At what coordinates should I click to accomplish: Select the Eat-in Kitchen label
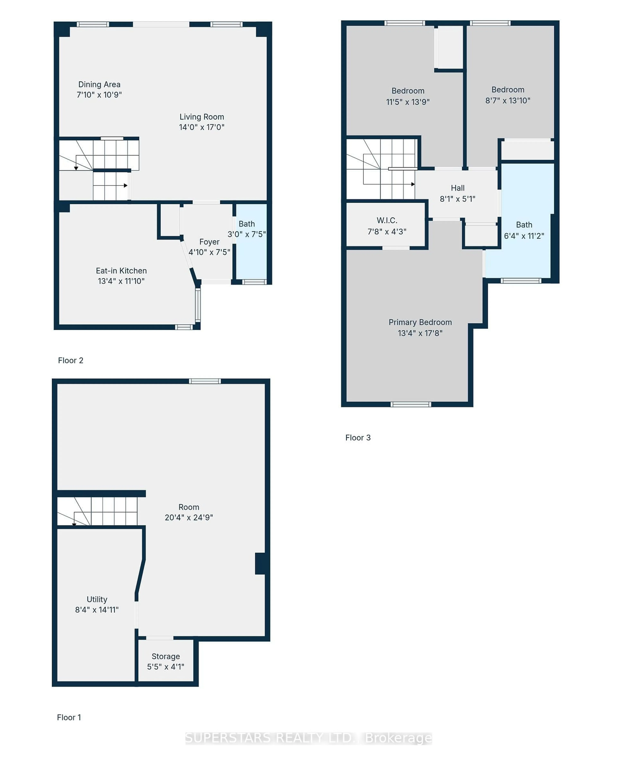121,271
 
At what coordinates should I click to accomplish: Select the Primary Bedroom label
420,322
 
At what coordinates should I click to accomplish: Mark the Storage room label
166,656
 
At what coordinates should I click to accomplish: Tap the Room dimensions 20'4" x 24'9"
189,517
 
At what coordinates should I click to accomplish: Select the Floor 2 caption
70,360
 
